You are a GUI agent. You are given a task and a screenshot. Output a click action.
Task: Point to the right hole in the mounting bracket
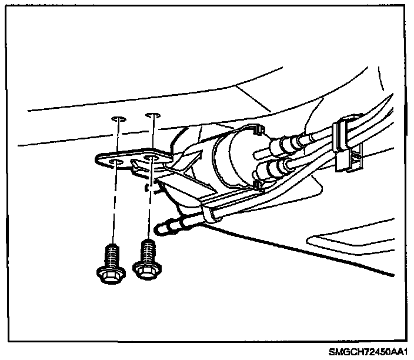(154, 156)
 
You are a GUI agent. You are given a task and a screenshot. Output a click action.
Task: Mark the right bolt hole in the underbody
(153, 115)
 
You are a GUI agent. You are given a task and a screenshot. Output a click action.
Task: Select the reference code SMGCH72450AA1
(368, 351)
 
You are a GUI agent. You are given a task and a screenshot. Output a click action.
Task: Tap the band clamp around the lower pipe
(212, 212)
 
